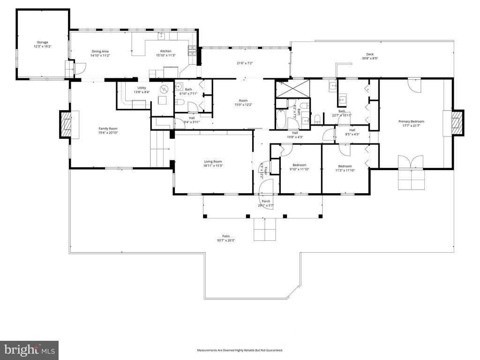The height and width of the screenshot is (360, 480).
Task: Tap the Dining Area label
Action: click(x=100, y=51)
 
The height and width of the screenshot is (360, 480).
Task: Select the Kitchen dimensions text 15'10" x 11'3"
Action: click(x=165, y=55)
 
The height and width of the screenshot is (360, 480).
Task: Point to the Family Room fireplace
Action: click(x=65, y=124)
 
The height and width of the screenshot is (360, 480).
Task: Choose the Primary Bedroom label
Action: click(x=411, y=121)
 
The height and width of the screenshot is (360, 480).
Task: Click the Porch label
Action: click(x=266, y=202)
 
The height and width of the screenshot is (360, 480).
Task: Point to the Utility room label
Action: click(x=142, y=88)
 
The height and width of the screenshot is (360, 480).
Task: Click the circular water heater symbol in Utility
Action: click(x=164, y=89)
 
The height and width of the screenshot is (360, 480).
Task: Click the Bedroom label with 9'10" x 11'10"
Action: click(x=299, y=165)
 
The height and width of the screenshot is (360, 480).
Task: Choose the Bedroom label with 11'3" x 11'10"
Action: click(x=345, y=166)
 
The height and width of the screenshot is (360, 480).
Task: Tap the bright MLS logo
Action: click(x=29, y=350)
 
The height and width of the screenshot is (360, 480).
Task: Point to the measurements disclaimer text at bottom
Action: click(x=240, y=350)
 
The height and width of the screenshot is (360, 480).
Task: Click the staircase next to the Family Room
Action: click(x=159, y=149)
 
